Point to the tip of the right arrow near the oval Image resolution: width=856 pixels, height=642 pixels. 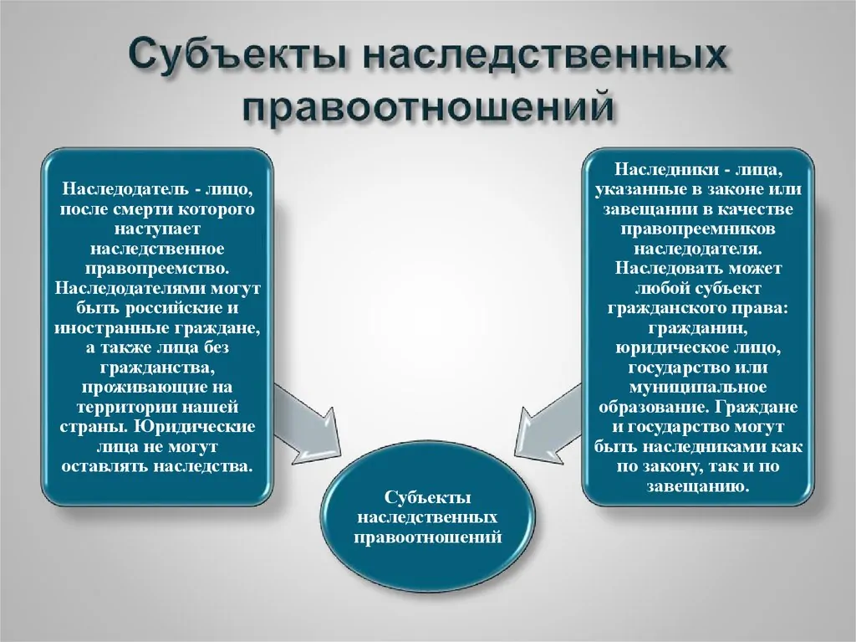pos(515,454)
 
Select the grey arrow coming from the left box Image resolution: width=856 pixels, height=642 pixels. pos(307,424)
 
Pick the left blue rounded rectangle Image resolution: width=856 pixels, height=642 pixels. pos(157,326)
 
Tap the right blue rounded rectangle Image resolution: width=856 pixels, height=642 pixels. pos(698,326)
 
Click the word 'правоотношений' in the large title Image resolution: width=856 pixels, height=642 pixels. pos(428,106)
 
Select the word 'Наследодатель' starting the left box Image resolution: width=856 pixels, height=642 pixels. pos(125,189)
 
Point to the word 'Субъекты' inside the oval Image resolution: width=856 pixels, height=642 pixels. pos(428,498)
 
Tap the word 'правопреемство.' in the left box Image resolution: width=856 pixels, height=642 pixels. pos(157,269)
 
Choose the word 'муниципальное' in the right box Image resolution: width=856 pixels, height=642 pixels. pos(698,388)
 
